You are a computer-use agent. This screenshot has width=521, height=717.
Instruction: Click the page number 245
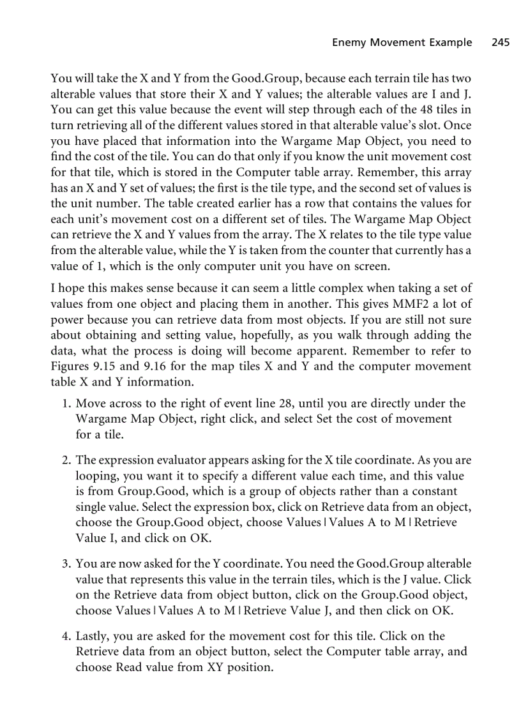tap(501, 43)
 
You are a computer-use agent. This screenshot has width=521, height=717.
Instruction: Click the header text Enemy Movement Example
tap(402, 43)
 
